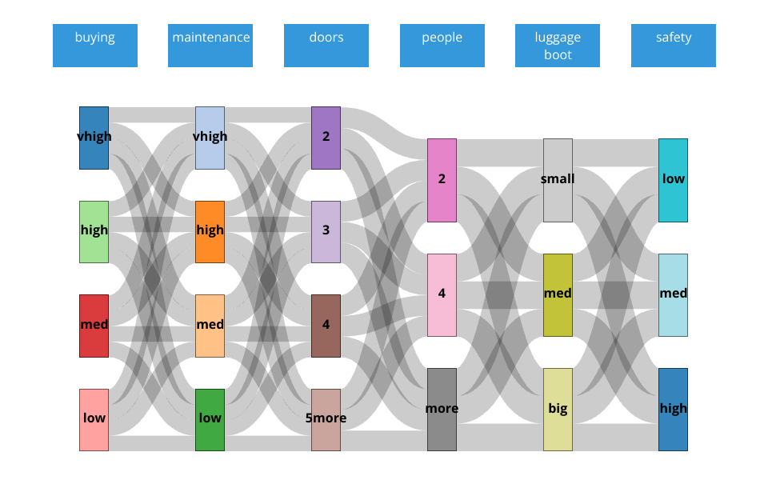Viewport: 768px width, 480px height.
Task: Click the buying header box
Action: (x=95, y=46)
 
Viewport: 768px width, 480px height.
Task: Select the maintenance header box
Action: (x=210, y=46)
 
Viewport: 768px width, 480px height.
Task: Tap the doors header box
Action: (x=326, y=46)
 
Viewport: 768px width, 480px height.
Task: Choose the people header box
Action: (x=442, y=46)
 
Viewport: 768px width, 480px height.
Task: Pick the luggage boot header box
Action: (x=558, y=46)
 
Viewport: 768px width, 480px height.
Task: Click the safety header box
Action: (x=674, y=46)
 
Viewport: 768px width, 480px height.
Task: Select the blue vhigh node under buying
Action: (x=94, y=138)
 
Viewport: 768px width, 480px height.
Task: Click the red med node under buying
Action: (x=94, y=326)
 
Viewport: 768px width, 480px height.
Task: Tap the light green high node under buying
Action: (x=94, y=231)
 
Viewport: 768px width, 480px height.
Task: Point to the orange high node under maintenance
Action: (x=210, y=231)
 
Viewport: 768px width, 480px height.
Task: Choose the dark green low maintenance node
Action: (x=210, y=419)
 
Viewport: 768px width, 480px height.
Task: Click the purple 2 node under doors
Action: (x=326, y=138)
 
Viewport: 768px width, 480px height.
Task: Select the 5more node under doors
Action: (x=326, y=419)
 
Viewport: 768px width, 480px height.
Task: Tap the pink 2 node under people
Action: (x=442, y=180)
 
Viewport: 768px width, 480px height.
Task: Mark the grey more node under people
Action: (x=442, y=409)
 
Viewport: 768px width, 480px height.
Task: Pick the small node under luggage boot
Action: (x=558, y=180)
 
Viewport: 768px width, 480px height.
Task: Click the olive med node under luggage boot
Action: (x=558, y=294)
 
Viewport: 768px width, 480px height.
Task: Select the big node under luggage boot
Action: (x=558, y=409)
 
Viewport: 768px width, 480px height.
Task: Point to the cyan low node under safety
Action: (x=673, y=180)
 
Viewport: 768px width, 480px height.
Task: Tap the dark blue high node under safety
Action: (x=673, y=409)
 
